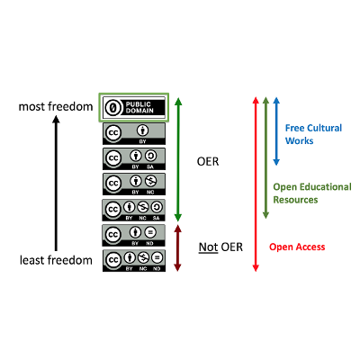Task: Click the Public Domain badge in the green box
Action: (135, 107)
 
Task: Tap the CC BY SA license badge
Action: (135, 158)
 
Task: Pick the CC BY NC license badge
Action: (135, 184)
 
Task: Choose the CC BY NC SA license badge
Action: (135, 210)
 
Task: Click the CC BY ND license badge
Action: (135, 235)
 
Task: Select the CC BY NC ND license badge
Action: (135, 260)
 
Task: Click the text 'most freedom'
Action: (56, 108)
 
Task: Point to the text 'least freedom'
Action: (56, 261)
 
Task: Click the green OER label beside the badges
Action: (209, 163)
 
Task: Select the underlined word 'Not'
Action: (209, 247)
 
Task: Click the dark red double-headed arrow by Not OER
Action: (178, 248)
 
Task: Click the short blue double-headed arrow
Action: (276, 130)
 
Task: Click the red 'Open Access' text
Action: (298, 247)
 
